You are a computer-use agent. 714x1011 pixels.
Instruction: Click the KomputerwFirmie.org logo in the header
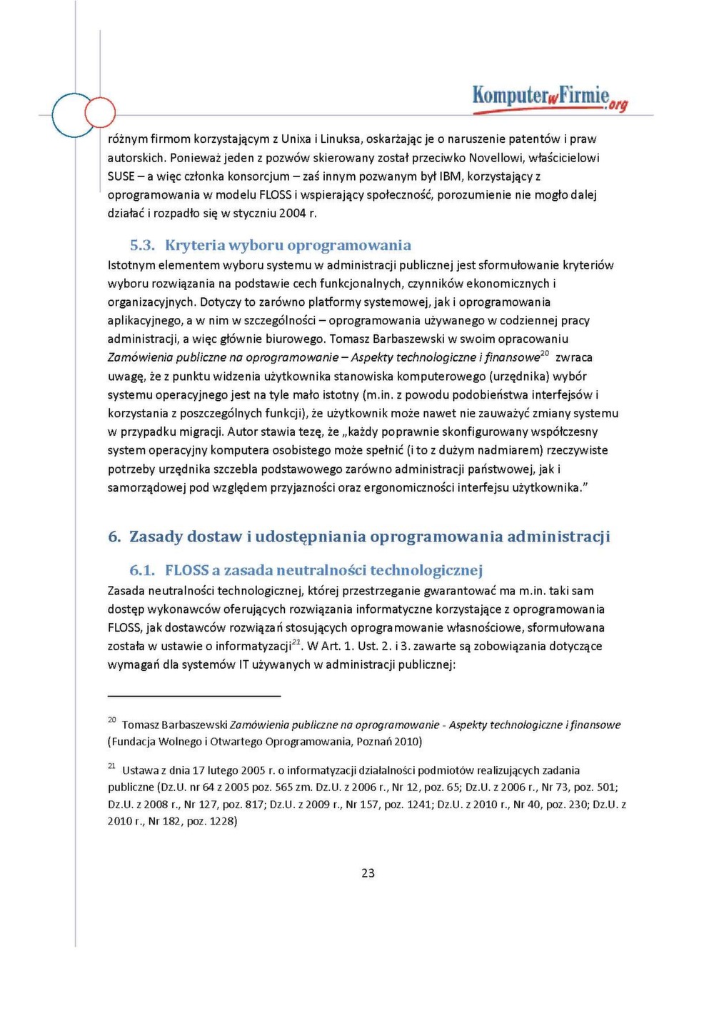(x=549, y=97)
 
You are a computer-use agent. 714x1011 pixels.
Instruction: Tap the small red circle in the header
(x=100, y=112)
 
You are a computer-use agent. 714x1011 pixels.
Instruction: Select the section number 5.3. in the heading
(x=142, y=245)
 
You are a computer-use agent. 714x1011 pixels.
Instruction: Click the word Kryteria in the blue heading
(x=194, y=245)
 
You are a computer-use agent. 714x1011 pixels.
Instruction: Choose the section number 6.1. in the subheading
(x=142, y=570)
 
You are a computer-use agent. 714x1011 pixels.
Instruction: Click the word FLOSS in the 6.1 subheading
(x=186, y=570)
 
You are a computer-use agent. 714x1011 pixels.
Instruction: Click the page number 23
(x=368, y=872)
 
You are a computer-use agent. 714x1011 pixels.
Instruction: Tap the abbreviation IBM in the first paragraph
(x=450, y=176)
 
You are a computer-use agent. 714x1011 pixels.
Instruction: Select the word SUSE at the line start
(x=121, y=176)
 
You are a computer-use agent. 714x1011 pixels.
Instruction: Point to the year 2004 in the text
(x=293, y=214)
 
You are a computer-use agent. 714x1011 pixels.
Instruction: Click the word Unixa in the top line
(x=296, y=139)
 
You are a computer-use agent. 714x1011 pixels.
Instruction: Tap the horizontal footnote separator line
(x=193, y=695)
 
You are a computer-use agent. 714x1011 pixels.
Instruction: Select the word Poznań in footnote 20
(x=391, y=742)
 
